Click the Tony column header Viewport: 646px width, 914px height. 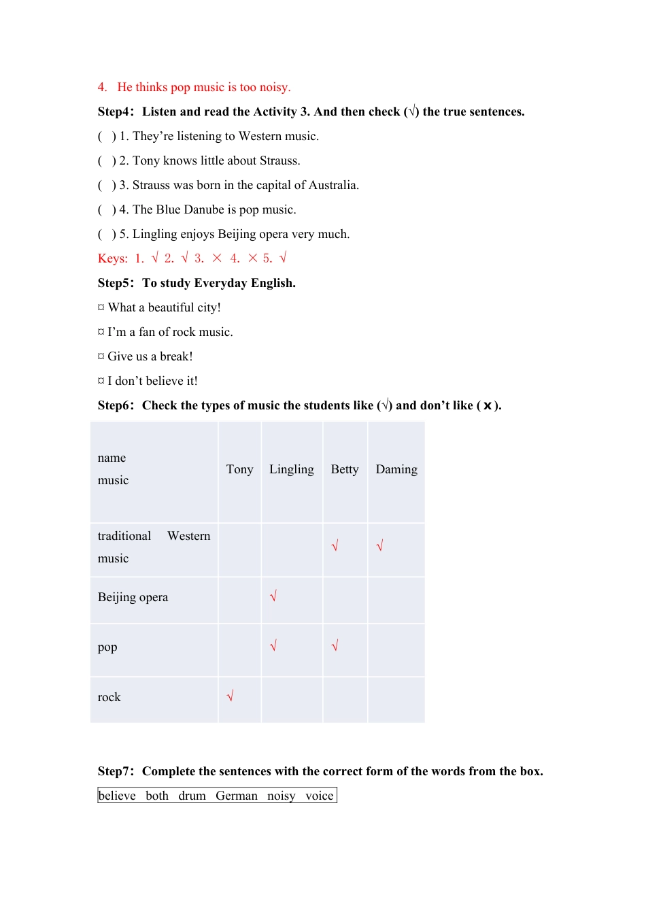[239, 469]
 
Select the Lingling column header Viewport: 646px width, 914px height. [291, 469]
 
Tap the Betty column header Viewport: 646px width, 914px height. [344, 469]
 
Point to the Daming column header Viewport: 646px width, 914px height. [396, 469]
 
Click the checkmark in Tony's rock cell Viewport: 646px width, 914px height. [230, 696]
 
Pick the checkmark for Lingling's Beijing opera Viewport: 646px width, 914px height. [273, 596]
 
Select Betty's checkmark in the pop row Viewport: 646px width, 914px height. [335, 645]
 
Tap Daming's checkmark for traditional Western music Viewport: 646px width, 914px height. [379, 545]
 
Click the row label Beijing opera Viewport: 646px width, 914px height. [133, 597]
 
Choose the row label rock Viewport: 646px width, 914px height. [109, 697]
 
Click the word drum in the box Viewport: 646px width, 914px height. [192, 796]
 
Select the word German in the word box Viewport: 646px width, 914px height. [236, 796]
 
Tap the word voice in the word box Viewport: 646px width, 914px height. [319, 796]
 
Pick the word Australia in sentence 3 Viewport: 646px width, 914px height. [333, 185]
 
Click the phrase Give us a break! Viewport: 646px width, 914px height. [150, 356]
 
